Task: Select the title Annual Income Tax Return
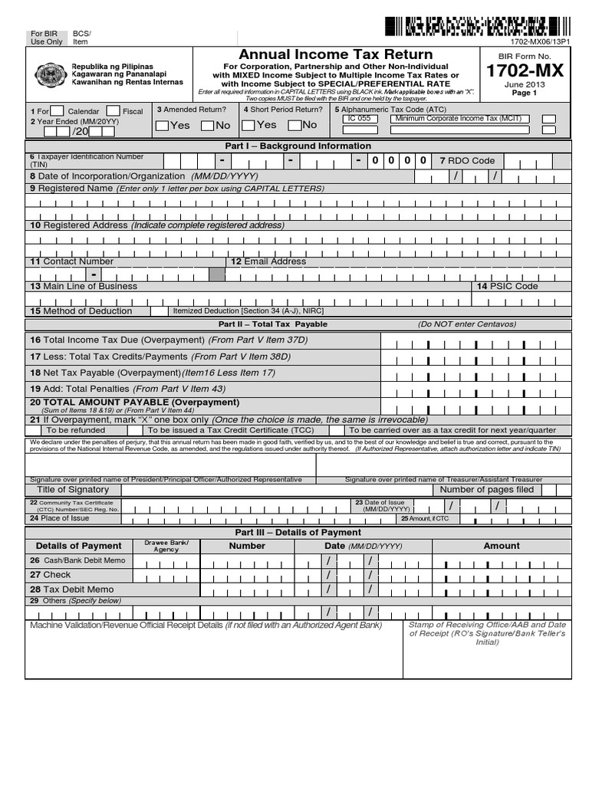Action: tap(336, 54)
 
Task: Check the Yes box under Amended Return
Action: tap(162, 125)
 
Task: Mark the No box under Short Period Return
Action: tap(295, 125)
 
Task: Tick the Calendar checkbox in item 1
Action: tap(56, 111)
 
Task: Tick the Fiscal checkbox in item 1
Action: tap(113, 111)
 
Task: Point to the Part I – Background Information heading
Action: tap(298, 146)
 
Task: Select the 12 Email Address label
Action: tap(268, 261)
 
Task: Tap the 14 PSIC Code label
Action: tap(508, 286)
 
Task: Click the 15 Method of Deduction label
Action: tap(81, 311)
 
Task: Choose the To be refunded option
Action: tap(75, 430)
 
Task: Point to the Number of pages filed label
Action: tap(487, 489)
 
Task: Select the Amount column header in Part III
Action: tap(501, 546)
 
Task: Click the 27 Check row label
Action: tap(51, 574)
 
